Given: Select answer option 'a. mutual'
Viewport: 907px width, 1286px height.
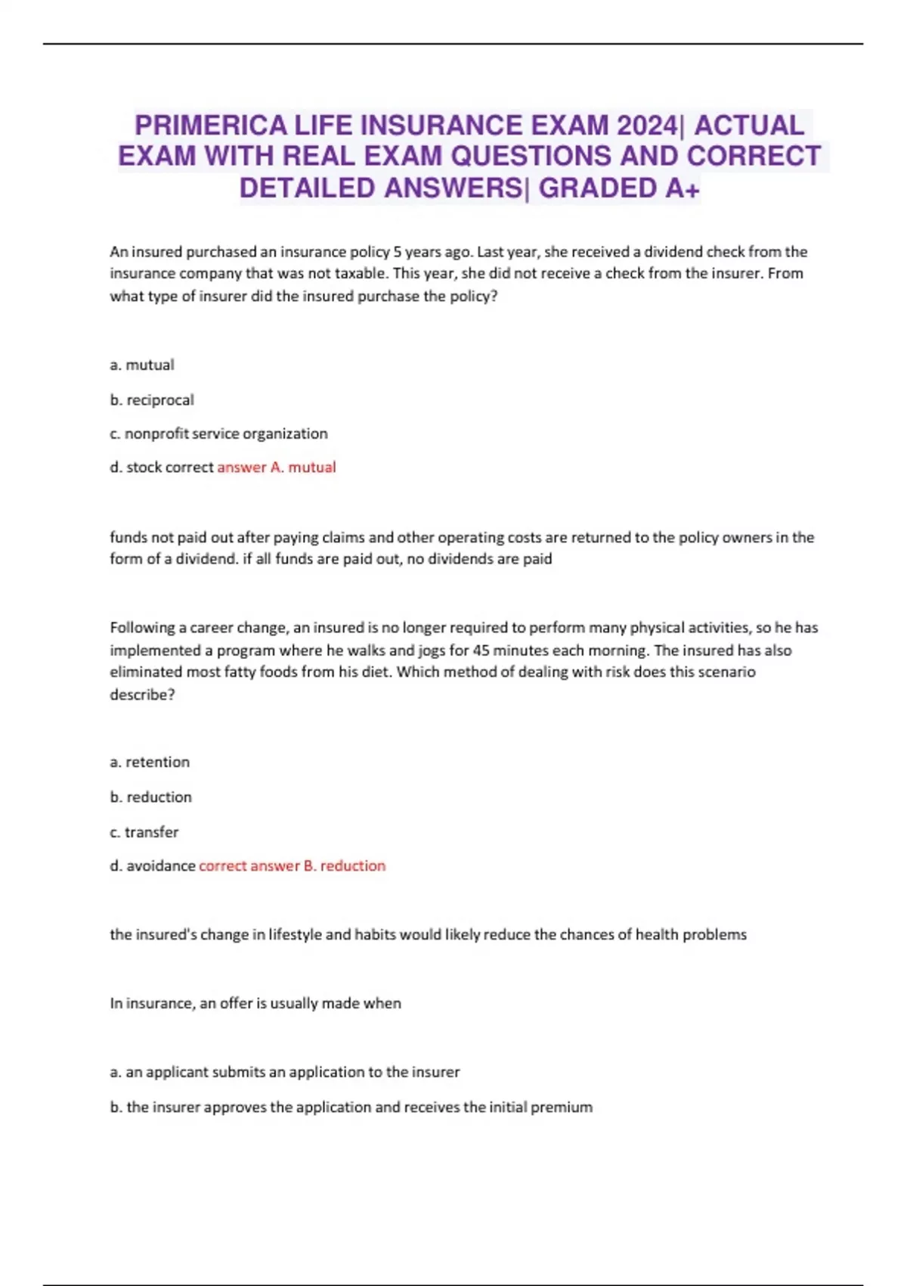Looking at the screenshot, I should point(142,365).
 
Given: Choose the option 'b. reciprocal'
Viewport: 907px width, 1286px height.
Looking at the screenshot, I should point(152,399).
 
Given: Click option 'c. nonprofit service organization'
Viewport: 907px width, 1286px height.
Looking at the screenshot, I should point(218,433).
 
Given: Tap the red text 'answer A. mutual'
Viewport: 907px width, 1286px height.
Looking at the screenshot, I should point(277,467).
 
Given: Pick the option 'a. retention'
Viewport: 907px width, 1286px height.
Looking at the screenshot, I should point(150,762).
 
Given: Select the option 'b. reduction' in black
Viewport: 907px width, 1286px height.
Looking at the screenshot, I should point(151,797).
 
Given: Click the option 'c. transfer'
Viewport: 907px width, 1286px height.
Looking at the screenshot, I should point(144,831).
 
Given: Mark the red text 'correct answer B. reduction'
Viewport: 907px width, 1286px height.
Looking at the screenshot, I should point(293,865).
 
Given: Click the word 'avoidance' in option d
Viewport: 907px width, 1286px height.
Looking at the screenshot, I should point(161,865).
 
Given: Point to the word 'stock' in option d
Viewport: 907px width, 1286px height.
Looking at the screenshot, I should point(144,467).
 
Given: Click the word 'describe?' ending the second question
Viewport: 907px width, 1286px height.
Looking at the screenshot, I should point(142,694).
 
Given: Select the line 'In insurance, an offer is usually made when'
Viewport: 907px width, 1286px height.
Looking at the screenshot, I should point(255,1003).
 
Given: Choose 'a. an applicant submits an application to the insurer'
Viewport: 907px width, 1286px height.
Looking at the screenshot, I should point(285,1072).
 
